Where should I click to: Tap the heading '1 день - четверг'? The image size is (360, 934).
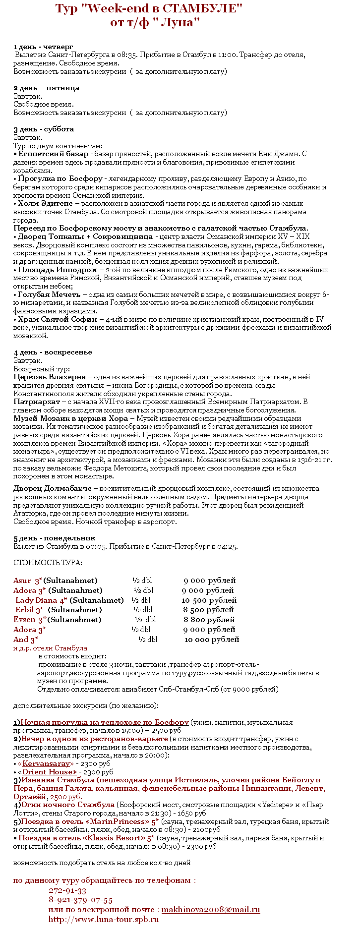tap(43, 47)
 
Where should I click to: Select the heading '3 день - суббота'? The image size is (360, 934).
tap(44, 129)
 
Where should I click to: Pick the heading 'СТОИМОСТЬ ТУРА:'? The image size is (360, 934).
tap(48, 563)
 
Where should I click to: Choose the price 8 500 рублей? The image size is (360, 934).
tap(208, 610)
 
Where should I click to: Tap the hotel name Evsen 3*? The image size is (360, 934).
tap(30, 620)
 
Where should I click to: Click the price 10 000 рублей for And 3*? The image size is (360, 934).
tap(212, 640)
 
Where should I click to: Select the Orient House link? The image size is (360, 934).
tap(49, 772)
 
